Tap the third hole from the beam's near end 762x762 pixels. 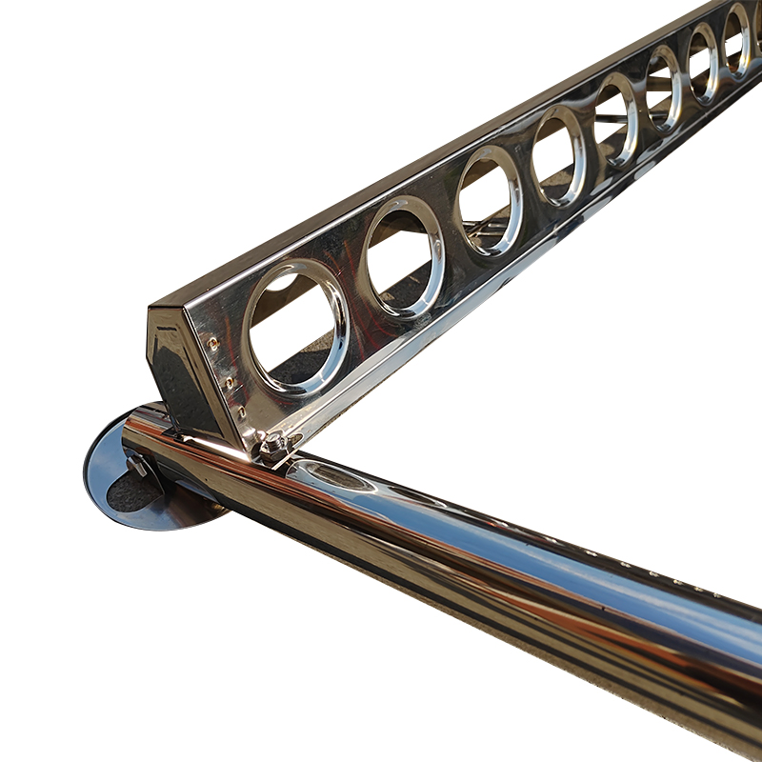[x=490, y=202]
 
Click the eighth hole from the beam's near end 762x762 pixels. [x=736, y=40]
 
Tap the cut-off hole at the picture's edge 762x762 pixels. [x=758, y=23]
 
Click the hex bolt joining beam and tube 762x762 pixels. [x=273, y=443]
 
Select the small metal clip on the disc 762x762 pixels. [x=138, y=464]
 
